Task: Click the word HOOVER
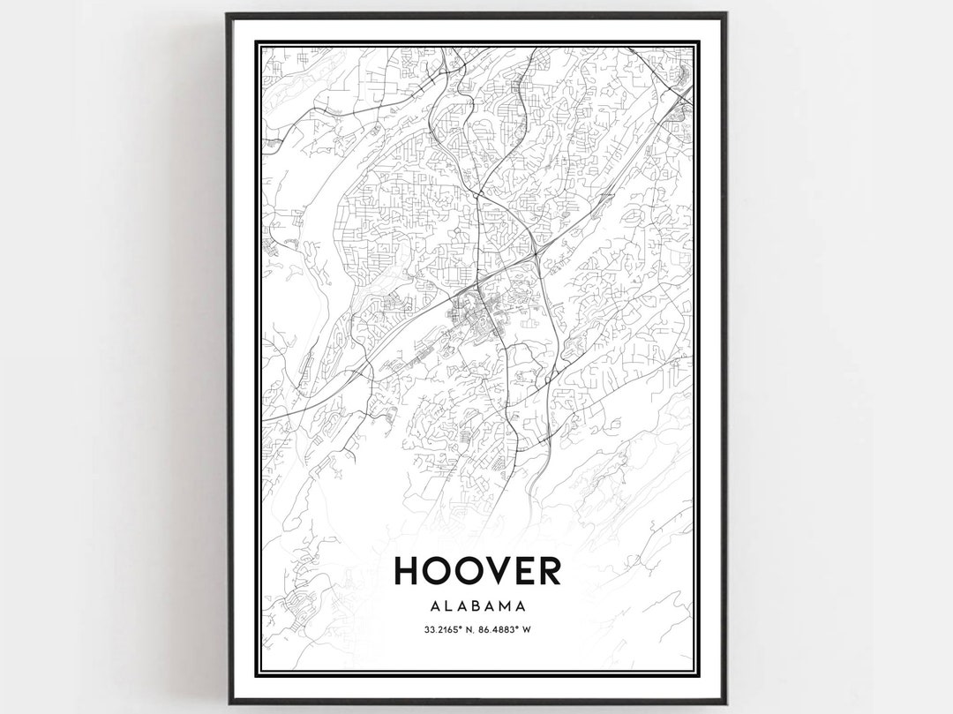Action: click(476, 570)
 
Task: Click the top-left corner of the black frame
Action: click(228, 14)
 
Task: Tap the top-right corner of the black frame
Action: click(725, 14)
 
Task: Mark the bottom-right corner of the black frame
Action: click(725, 703)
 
